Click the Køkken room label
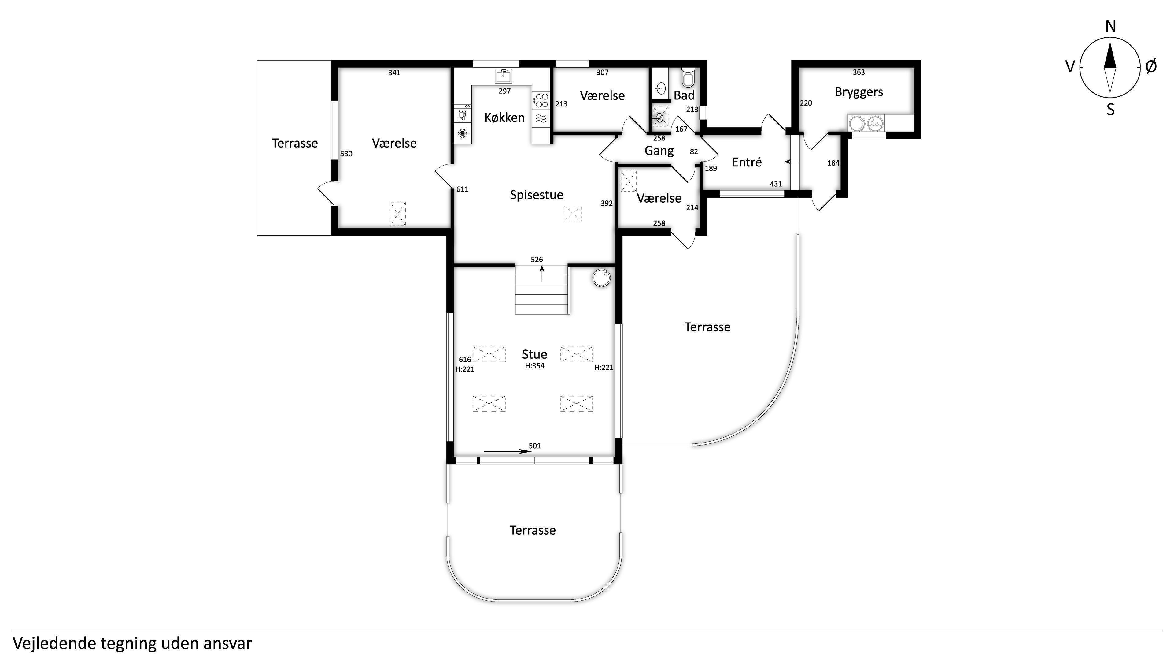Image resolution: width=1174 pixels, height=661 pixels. pyautogui.click(x=504, y=118)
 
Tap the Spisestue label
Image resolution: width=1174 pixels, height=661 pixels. pyautogui.click(x=537, y=195)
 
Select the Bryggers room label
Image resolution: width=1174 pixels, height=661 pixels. pyautogui.click(x=858, y=92)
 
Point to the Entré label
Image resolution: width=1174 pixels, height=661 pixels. pyautogui.click(x=747, y=162)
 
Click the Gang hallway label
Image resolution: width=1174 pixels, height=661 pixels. pyautogui.click(x=659, y=151)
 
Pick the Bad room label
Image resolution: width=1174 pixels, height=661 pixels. pyautogui.click(x=684, y=95)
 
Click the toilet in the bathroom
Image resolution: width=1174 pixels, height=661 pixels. pyautogui.click(x=688, y=77)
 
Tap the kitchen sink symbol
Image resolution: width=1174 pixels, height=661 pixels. pyautogui.click(x=503, y=76)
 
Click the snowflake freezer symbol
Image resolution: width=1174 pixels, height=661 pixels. pyautogui.click(x=463, y=133)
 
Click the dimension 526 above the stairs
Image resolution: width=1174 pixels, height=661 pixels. pyautogui.click(x=537, y=260)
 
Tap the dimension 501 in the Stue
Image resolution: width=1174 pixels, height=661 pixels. pyautogui.click(x=535, y=446)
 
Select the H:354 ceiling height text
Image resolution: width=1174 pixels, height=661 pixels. pyautogui.click(x=535, y=366)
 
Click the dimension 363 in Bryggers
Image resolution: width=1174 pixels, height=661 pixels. pyautogui.click(x=858, y=72)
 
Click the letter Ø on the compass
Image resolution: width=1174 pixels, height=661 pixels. pyautogui.click(x=1151, y=67)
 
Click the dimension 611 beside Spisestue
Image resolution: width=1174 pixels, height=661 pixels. pyautogui.click(x=462, y=189)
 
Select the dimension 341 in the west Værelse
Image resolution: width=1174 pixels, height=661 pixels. pyautogui.click(x=394, y=73)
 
